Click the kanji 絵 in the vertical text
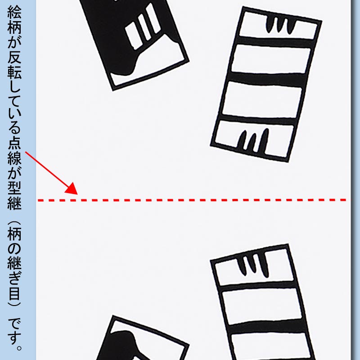pos(14,13)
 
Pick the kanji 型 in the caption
pos(14,189)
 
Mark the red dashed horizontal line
pos(192,200)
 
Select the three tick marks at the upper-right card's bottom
pos(253,140)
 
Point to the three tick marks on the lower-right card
pos(254,264)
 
